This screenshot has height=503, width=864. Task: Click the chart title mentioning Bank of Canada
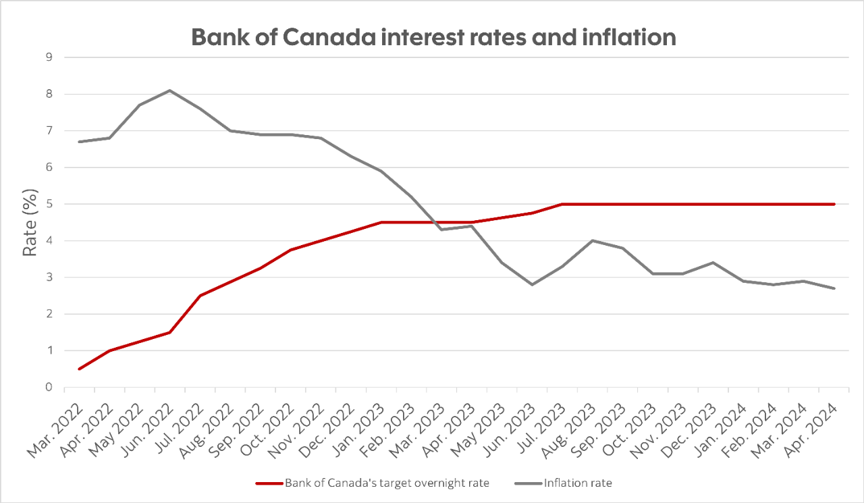coord(433,36)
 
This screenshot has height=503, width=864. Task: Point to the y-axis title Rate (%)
coord(30,222)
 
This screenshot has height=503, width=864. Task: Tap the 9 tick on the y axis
coord(49,57)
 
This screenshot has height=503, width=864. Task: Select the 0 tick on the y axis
coord(49,387)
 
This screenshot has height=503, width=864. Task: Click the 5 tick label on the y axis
coord(49,204)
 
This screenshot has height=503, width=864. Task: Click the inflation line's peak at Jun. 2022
coord(170,90)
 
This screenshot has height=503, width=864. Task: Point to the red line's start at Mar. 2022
coord(80,369)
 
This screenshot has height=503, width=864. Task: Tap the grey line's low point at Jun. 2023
coord(532,284)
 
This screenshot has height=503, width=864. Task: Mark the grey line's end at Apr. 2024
coord(834,288)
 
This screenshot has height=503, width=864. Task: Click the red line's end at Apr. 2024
coord(834,204)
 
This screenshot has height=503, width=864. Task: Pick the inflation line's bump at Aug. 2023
coord(593,240)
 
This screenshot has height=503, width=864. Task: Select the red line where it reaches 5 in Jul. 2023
coord(562,204)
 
